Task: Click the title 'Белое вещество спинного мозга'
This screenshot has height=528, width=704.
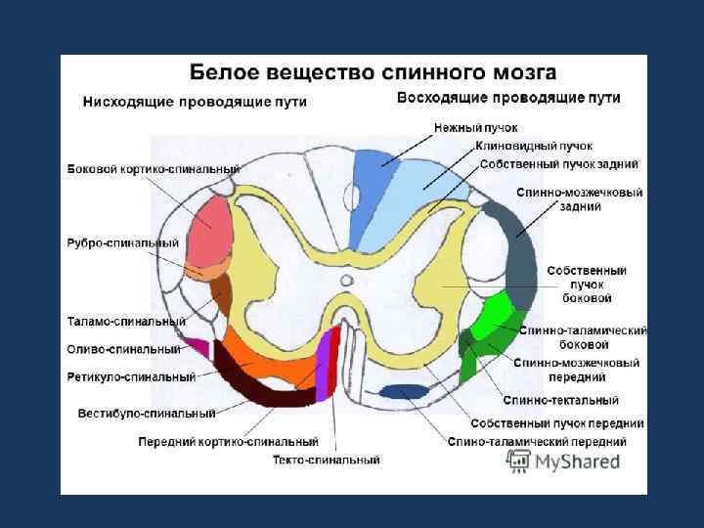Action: click(373, 72)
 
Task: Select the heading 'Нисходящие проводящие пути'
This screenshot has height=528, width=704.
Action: click(195, 102)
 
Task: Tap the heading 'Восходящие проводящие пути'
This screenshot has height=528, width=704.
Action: click(508, 98)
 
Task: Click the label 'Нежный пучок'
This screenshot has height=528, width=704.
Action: click(476, 127)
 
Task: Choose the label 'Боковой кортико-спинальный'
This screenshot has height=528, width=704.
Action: click(154, 169)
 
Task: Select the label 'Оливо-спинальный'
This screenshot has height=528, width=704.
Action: click(123, 348)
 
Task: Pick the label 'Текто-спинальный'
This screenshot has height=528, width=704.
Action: click(326, 460)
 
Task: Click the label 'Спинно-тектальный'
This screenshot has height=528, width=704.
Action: click(560, 400)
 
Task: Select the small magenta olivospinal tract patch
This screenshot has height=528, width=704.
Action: click(199, 347)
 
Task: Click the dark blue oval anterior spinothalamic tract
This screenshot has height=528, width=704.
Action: click(403, 392)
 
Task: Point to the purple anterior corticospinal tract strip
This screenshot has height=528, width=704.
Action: click(324, 367)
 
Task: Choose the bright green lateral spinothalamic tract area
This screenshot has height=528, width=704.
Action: click(492, 319)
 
